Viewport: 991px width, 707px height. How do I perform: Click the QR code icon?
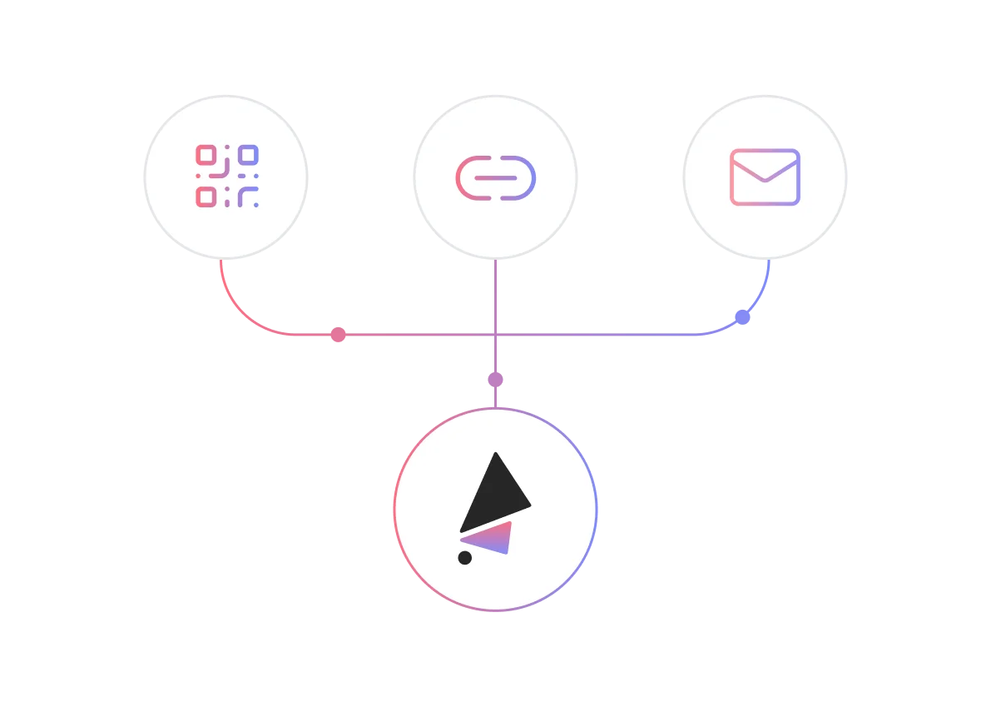pyautogui.click(x=226, y=177)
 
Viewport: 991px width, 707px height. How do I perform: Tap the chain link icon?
pyautogui.click(x=495, y=177)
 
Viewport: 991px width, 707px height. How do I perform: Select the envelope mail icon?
pyautogui.click(x=765, y=177)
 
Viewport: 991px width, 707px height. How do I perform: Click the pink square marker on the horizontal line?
pyautogui.click(x=338, y=336)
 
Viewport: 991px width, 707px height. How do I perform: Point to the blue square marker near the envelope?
pyautogui.click(x=742, y=317)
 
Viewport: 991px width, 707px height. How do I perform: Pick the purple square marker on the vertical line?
pyautogui.click(x=496, y=380)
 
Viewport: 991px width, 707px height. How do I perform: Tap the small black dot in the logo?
pyautogui.click(x=465, y=558)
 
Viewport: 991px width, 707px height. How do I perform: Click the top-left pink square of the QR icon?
pyautogui.click(x=206, y=155)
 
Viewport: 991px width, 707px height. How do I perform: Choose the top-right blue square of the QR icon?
pyautogui.click(x=248, y=155)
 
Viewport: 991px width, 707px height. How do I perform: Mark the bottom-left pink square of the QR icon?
pyautogui.click(x=206, y=197)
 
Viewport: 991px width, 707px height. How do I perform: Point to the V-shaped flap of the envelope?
pyautogui.click(x=765, y=169)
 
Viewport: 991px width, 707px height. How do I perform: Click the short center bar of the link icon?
pyautogui.click(x=495, y=177)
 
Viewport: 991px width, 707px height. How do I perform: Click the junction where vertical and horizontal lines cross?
pyautogui.click(x=496, y=336)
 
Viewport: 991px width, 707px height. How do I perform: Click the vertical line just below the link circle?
pyautogui.click(x=496, y=283)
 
